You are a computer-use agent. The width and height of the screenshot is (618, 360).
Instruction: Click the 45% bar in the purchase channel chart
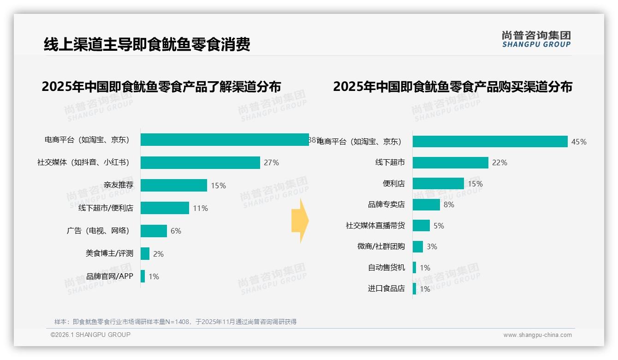pos(490,142)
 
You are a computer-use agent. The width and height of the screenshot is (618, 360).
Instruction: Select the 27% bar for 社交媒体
pos(200,162)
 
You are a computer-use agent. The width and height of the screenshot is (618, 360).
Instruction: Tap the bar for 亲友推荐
pos(174,186)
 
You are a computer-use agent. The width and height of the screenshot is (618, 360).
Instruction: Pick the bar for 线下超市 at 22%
pos(450,162)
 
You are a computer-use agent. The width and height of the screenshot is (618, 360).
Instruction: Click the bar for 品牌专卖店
pos(426,204)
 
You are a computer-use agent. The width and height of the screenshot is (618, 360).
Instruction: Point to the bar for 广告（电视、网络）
pos(154,231)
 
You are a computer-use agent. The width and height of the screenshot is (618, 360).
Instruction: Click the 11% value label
pos(200,208)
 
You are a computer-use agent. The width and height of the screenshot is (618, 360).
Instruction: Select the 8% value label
pos(449,204)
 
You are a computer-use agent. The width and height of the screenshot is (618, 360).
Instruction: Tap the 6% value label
pos(176,231)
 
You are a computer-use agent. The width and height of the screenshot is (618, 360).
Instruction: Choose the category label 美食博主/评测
pos(109,253)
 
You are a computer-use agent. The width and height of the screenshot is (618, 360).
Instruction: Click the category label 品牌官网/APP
pos(110,276)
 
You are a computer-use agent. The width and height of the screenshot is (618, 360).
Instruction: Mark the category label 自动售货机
pos(386,268)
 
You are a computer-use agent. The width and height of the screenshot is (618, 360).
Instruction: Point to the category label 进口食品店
pos(386,289)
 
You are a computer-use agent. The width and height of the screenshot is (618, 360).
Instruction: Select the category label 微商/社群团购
pos(381,246)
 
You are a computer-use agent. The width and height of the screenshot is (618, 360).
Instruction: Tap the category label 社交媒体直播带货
pos(375,226)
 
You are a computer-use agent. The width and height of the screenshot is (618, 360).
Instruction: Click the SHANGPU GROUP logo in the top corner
pos(536,39)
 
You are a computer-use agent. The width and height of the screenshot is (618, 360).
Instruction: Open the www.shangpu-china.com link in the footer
pos(537,335)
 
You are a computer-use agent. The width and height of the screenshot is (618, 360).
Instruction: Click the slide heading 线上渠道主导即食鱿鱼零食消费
pos(147,45)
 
